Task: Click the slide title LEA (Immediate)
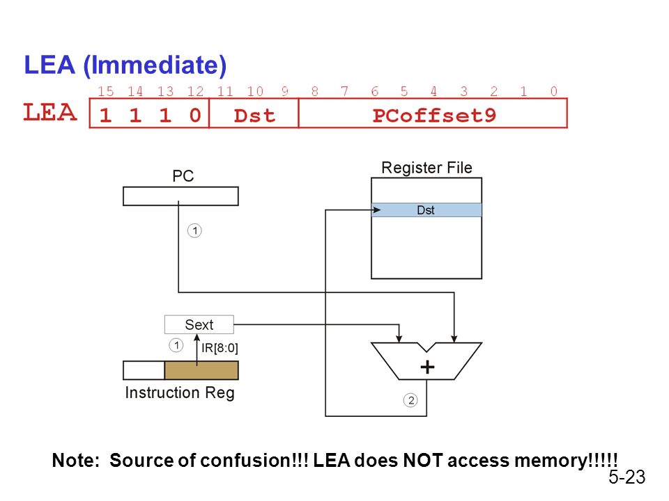125,65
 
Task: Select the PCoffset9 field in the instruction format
433,113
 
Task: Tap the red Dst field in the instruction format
254,113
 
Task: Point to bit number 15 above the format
106,91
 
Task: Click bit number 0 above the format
553,91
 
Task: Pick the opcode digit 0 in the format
195,115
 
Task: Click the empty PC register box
180,196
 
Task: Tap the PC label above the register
183,175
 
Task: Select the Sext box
199,325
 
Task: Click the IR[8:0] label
220,348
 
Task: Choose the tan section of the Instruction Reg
201,370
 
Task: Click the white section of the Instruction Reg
144,370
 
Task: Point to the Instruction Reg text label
180,392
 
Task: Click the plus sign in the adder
427,367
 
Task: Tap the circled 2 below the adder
410,400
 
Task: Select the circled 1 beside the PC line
194,230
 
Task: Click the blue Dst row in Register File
426,210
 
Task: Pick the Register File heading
426,168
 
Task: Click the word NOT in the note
422,460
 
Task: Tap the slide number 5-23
626,477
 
